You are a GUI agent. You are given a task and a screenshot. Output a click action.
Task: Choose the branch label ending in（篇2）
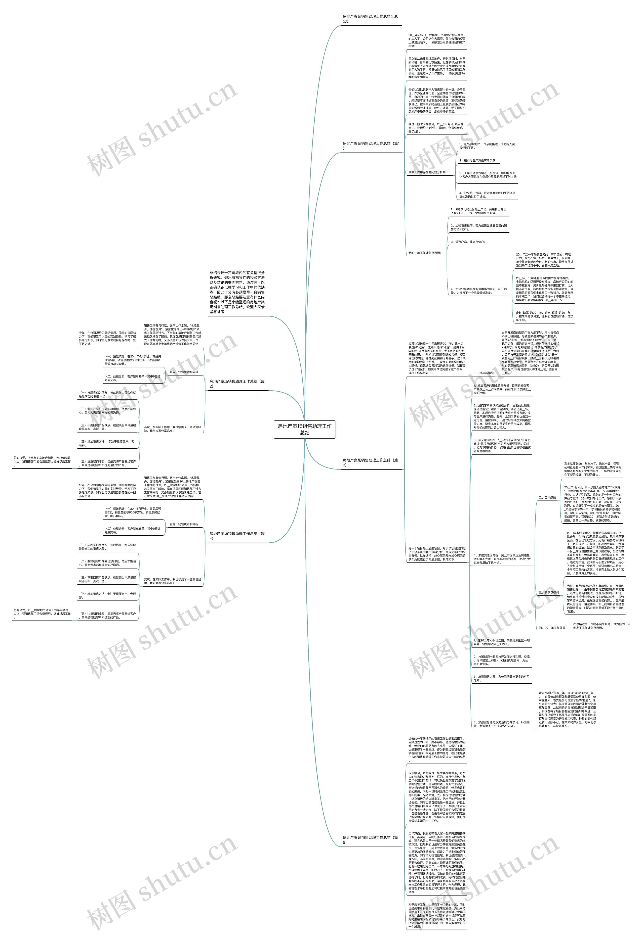click(x=237, y=384)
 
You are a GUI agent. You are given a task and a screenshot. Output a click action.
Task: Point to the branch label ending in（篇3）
click(x=370, y=462)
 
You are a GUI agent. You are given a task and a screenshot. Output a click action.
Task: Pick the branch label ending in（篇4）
click(x=237, y=536)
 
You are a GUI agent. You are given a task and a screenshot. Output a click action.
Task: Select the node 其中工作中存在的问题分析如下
click(x=428, y=172)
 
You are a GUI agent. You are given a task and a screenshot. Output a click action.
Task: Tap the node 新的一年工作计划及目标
click(x=424, y=253)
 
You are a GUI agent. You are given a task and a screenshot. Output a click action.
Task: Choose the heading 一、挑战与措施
click(x=483, y=373)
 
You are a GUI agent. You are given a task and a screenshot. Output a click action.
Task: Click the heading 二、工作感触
click(x=547, y=497)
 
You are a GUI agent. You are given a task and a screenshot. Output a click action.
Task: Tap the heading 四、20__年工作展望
click(x=552, y=628)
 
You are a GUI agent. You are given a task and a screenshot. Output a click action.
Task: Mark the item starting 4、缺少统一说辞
click(x=487, y=195)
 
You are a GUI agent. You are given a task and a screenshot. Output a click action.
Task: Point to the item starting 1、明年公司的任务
click(x=478, y=211)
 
